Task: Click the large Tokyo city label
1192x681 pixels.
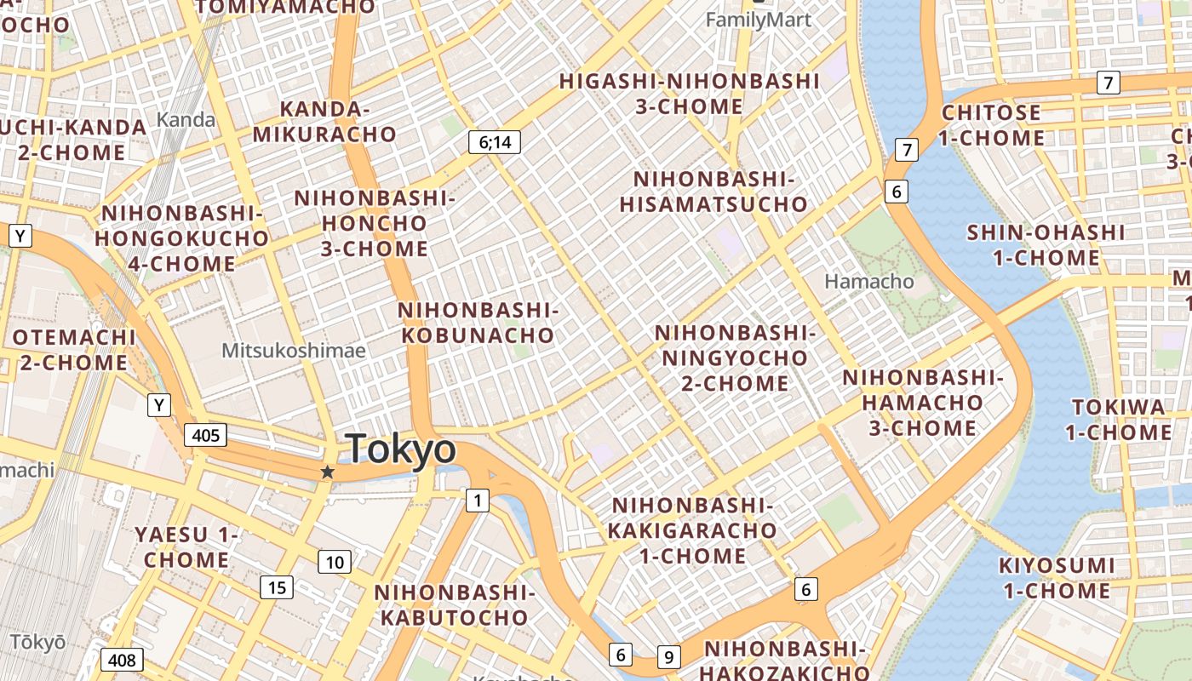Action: (x=401, y=449)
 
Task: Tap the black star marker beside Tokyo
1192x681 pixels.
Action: (x=327, y=472)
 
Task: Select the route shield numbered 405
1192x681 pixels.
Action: (x=206, y=436)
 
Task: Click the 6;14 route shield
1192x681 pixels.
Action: (x=495, y=142)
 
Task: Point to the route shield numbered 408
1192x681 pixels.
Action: (x=122, y=660)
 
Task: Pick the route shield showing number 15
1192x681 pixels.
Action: (x=278, y=587)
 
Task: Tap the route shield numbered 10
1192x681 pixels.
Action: (x=335, y=562)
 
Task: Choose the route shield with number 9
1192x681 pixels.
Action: (x=669, y=657)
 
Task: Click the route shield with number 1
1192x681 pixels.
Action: (x=478, y=501)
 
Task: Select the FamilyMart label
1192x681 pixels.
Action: (x=759, y=19)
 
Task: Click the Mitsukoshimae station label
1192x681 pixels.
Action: (x=293, y=350)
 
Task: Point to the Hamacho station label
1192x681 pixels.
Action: (x=868, y=281)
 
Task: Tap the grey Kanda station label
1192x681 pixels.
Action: (x=186, y=119)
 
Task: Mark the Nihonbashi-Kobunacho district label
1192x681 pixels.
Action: (x=478, y=323)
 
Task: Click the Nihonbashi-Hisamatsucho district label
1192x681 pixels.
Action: (x=713, y=192)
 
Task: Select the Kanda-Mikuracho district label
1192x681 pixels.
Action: (x=324, y=122)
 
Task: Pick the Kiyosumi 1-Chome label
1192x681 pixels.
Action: (x=1056, y=578)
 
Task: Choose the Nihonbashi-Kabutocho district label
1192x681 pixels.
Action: (x=455, y=604)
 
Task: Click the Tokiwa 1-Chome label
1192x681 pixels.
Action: (x=1118, y=420)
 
